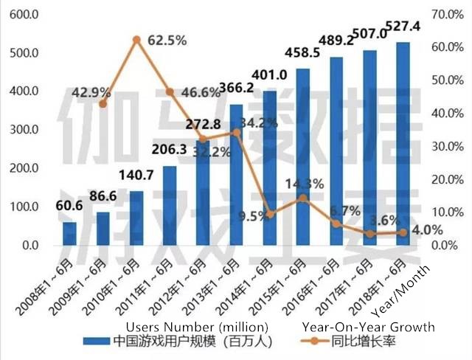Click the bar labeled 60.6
(x=69, y=233)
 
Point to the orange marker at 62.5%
(x=136, y=39)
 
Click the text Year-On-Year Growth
(x=368, y=326)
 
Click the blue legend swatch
(x=95, y=342)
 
